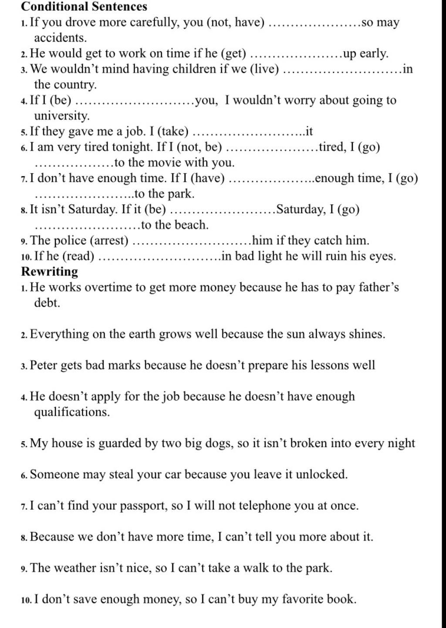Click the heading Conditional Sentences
point(84,7)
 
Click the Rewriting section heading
point(50,271)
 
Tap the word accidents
point(60,38)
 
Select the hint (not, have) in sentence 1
point(236,22)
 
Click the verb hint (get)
point(234,54)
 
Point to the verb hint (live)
point(264,69)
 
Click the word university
point(61,116)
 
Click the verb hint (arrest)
point(109,240)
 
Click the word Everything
point(59,334)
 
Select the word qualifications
point(71,412)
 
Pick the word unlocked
point(321,474)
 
